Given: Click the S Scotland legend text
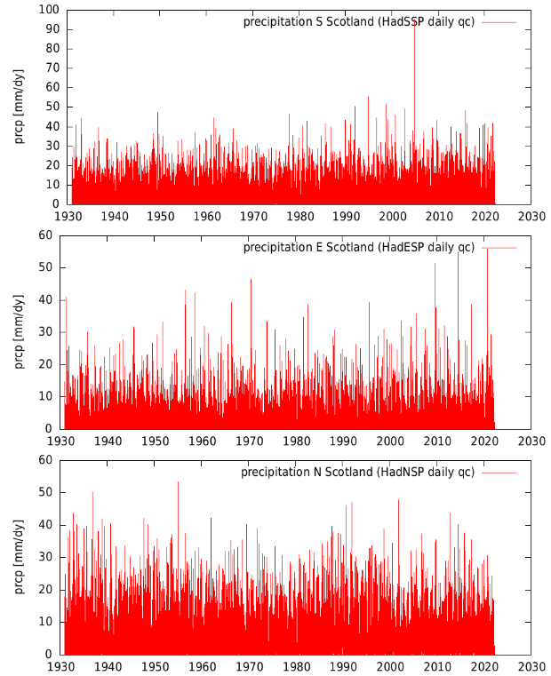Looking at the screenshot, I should click(359, 21).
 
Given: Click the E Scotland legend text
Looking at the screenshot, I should click(359, 247).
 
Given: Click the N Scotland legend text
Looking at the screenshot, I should click(357, 472).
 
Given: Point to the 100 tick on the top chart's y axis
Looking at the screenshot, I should click(50, 10).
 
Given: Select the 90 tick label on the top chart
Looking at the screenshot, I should click(52, 29).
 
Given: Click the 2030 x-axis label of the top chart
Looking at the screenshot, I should click(531, 216).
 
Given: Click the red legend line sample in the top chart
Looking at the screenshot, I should click(499, 21).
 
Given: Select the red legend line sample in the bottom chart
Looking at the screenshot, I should click(499, 472).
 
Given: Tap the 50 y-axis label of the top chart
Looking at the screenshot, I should click(52, 107).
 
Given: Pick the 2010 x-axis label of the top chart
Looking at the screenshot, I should click(437, 216).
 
